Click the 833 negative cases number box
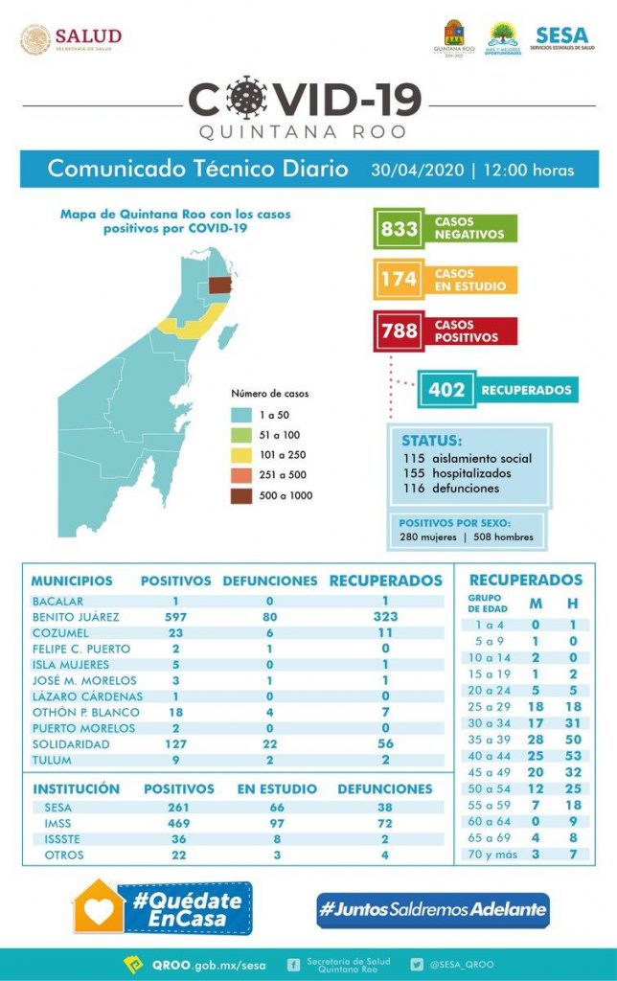click(x=399, y=228)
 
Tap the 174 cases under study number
click(x=399, y=279)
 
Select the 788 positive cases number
click(x=399, y=331)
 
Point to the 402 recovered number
click(x=446, y=390)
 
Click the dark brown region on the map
click(x=220, y=285)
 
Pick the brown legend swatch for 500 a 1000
click(x=242, y=495)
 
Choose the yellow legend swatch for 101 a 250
click(x=242, y=454)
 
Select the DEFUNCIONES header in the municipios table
click(x=269, y=581)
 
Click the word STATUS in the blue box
click(x=431, y=441)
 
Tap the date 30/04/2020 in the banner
click(x=415, y=171)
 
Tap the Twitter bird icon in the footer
click(x=417, y=964)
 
